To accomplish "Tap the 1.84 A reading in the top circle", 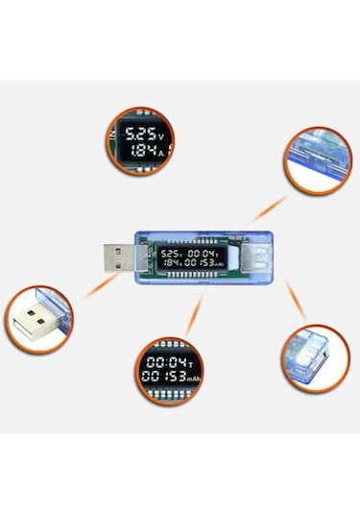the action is click(137, 151).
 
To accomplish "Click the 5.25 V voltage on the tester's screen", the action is click(173, 253).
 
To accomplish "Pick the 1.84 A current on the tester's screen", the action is click(172, 263).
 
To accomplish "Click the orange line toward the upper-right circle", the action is click(268, 207).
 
